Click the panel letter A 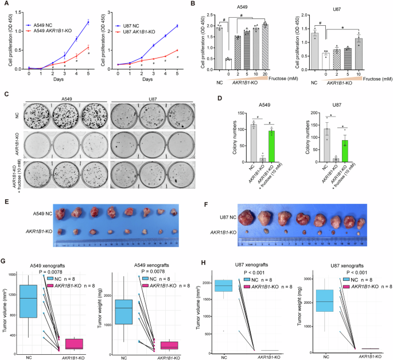(x=5, y=5)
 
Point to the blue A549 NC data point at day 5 (x=88, y=22)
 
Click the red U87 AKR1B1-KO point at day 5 (x=177, y=50)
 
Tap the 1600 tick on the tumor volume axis (x=11, y=276)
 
